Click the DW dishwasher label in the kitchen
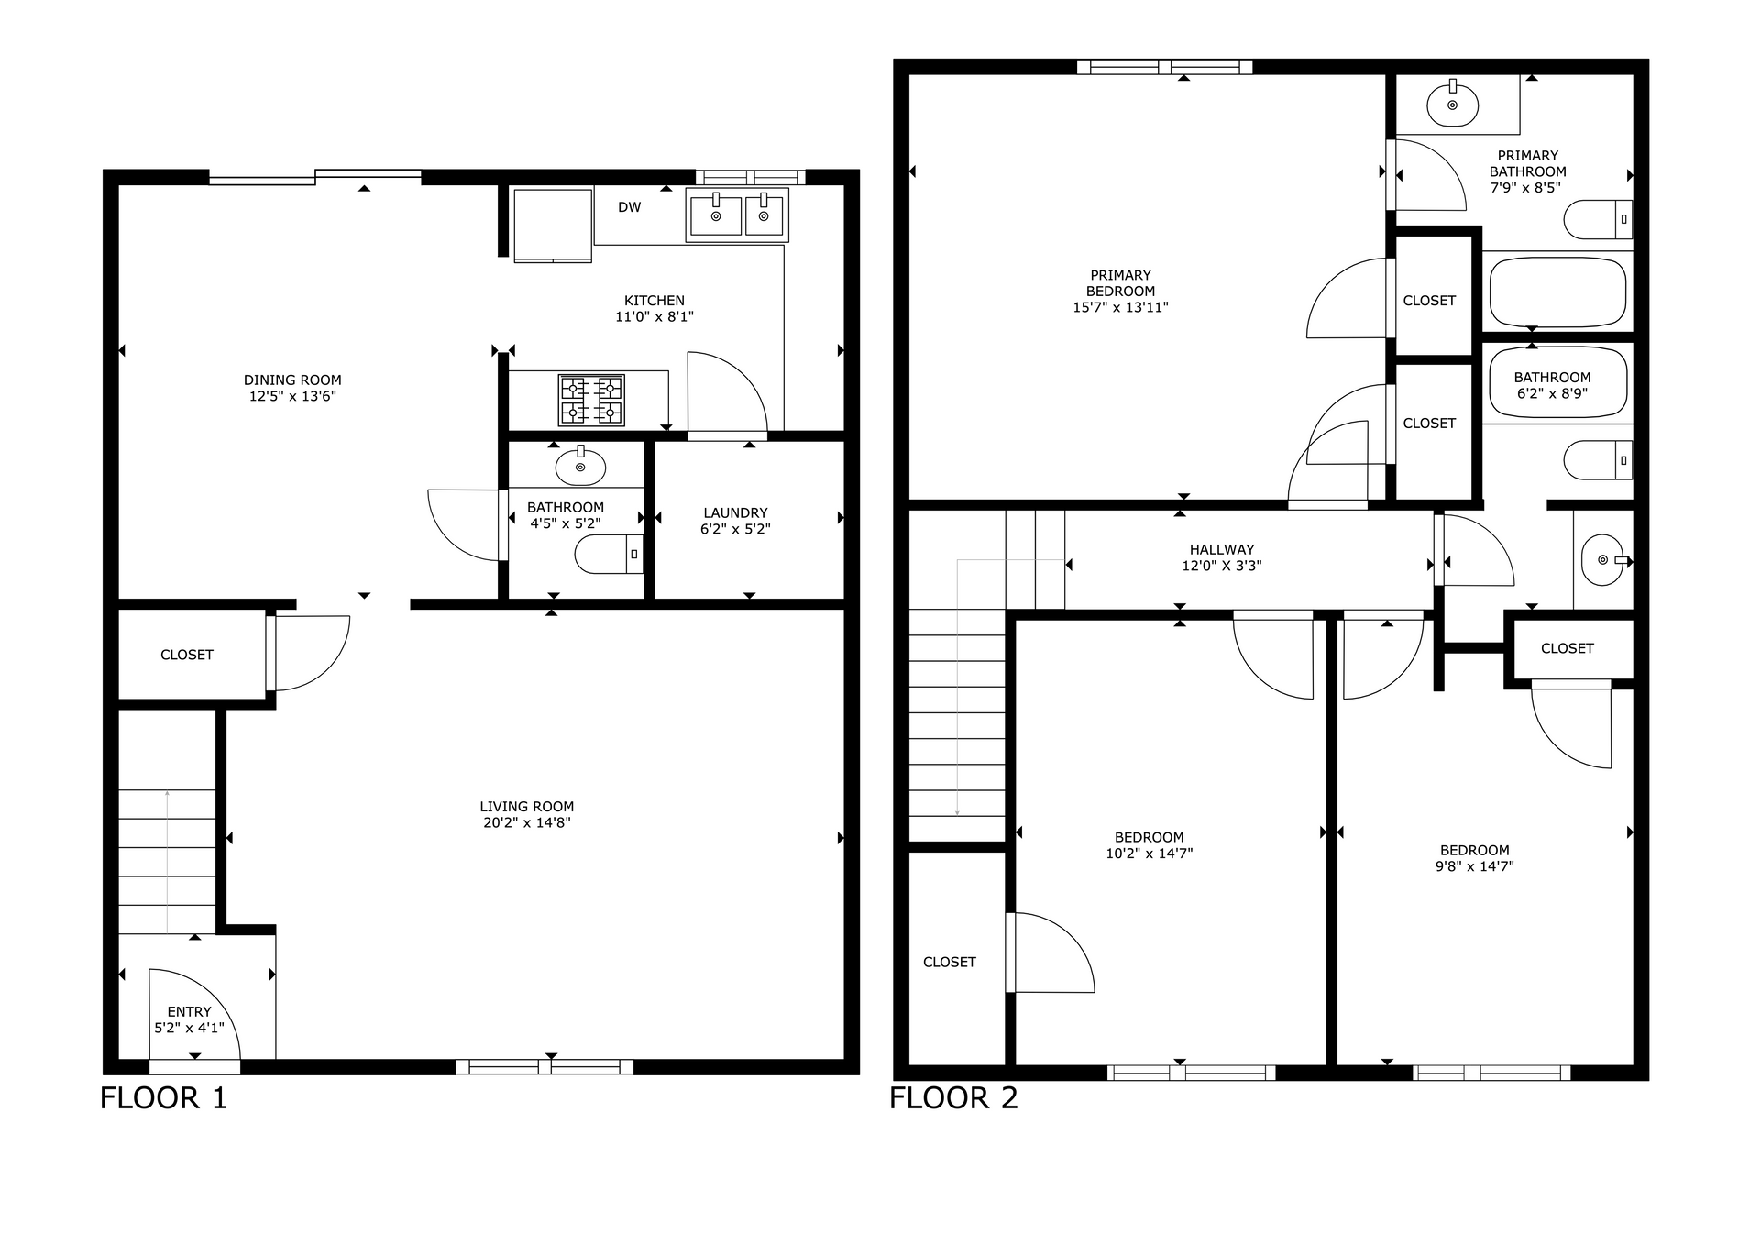point(629,207)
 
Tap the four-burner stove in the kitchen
point(591,401)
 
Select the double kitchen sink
point(737,215)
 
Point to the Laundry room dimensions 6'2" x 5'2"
point(735,529)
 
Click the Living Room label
point(526,807)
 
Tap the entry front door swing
point(194,1014)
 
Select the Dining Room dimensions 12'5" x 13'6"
point(292,396)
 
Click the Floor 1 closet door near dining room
point(310,653)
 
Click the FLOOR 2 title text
point(953,1097)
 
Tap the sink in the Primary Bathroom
point(1452,105)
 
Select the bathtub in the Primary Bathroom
point(1557,292)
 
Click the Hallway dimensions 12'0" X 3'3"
point(1221,566)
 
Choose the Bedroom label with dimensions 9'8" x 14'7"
point(1474,850)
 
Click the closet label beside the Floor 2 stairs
point(949,962)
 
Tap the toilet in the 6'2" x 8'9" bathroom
point(1598,460)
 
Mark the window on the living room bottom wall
point(544,1066)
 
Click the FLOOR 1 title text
point(163,1097)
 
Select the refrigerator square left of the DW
point(552,225)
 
